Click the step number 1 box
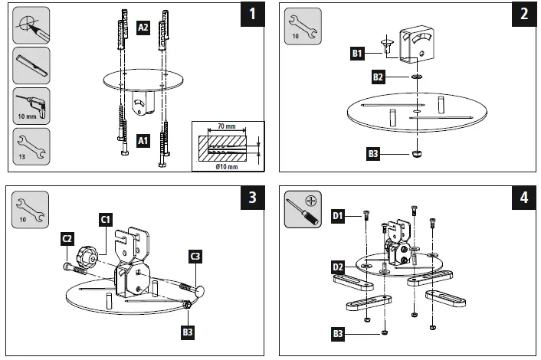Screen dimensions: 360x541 [251, 15]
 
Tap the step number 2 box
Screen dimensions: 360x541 [523, 15]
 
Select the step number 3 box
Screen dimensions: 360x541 [251, 197]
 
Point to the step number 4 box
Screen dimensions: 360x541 [523, 197]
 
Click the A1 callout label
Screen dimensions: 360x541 [143, 141]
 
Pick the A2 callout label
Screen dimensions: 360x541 [143, 27]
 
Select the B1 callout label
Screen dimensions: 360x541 [357, 53]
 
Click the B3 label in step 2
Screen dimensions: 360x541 [373, 154]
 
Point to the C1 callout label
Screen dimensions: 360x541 [106, 218]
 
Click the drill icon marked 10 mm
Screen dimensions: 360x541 [31, 105]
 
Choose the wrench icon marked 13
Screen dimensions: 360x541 [31, 146]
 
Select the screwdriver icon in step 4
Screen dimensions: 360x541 [302, 209]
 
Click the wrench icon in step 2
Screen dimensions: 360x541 [302, 25]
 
